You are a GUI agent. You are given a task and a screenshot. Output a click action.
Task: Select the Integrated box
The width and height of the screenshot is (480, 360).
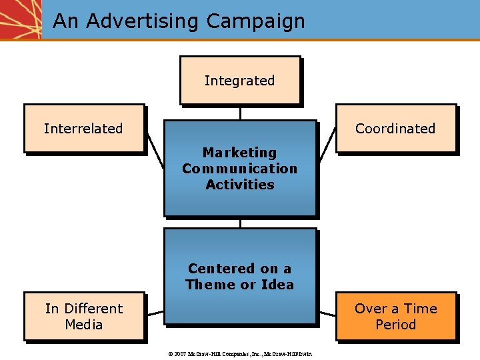point(239,81)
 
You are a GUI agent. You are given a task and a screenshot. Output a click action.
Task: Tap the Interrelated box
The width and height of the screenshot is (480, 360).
point(84,129)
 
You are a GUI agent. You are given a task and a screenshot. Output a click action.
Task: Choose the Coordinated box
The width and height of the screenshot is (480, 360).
point(395,129)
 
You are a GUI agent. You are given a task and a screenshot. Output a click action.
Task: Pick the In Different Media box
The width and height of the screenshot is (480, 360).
point(84,317)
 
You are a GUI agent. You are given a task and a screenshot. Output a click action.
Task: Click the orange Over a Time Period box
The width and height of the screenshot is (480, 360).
point(396,317)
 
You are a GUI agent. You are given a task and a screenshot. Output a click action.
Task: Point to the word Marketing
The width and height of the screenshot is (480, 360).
point(239,153)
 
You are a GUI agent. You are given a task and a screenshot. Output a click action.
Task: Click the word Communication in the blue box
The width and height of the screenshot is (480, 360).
point(239,169)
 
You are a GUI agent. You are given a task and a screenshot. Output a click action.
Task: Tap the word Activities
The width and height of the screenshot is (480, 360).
point(239,185)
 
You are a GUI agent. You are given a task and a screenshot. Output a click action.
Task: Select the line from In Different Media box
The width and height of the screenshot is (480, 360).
point(155,312)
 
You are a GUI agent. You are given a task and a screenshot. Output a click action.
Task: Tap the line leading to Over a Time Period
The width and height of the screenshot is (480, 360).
point(326,312)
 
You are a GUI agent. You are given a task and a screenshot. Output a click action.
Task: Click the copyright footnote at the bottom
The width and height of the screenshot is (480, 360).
point(239,353)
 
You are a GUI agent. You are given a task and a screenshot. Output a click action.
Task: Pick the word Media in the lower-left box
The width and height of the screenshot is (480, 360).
point(84,325)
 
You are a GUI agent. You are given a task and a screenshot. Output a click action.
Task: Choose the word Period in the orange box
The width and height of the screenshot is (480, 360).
point(395,325)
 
